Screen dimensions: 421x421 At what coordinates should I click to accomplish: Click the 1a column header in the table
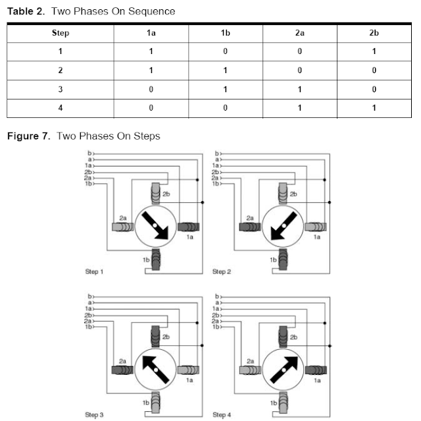point(151,33)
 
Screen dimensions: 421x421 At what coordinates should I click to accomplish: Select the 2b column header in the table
point(374,33)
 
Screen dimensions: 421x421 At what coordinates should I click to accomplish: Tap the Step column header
point(61,33)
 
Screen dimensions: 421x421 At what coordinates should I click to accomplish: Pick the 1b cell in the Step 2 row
point(225,70)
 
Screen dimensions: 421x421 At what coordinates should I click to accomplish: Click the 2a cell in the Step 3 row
point(300,89)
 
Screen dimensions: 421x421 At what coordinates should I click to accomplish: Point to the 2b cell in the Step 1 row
point(374,51)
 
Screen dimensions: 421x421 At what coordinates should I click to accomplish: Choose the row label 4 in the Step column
point(61,108)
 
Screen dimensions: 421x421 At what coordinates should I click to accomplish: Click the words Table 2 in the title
point(26,11)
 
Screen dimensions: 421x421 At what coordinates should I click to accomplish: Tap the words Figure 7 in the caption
point(28,136)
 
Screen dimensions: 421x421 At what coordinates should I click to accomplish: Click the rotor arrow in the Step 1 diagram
point(155,225)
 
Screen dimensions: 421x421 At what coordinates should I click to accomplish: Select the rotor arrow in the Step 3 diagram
point(156,370)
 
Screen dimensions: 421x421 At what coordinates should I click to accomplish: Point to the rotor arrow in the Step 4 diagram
point(284,370)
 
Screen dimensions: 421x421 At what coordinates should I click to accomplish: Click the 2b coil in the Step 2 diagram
point(283,194)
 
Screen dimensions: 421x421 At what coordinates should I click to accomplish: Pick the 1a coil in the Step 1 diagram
point(189,227)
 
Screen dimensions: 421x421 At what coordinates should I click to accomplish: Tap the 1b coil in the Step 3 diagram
point(155,403)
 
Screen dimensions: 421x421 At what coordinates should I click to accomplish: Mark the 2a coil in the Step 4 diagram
point(250,370)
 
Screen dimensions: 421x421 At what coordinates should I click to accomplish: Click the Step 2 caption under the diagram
point(222,271)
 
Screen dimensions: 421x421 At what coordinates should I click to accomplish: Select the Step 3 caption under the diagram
point(94,415)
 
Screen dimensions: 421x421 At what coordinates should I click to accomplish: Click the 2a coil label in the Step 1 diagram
point(123,218)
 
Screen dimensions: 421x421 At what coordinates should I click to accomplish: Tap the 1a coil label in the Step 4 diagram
point(317,380)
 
